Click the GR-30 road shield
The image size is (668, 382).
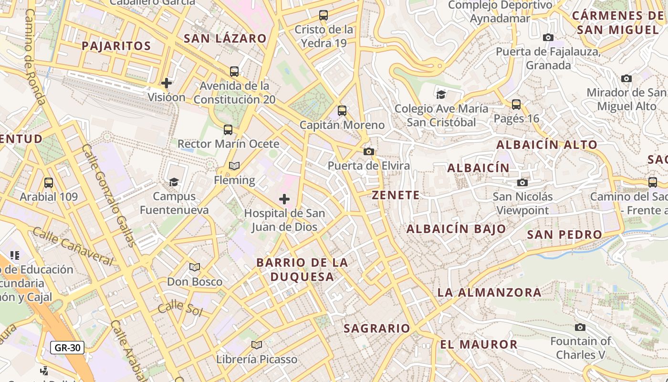[67, 348]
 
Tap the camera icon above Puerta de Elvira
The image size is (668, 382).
[368, 152]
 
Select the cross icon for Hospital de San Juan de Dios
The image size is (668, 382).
[284, 199]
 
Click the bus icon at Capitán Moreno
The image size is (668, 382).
[342, 111]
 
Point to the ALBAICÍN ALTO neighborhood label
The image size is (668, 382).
[547, 145]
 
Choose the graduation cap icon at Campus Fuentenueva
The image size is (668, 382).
[174, 182]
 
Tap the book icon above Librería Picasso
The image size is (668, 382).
[257, 345]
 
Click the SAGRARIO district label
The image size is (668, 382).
[377, 329]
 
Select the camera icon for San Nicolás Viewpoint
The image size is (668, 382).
[522, 182]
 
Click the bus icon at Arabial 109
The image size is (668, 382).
[48, 182]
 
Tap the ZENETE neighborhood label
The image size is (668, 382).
[396, 195]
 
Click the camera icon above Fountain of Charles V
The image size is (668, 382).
[580, 327]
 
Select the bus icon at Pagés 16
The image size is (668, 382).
[516, 104]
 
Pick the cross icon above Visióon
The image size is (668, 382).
[167, 83]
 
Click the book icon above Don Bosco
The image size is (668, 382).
[194, 267]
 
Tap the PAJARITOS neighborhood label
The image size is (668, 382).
[116, 46]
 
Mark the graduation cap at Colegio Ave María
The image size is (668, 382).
[441, 95]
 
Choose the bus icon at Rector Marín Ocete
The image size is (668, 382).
[228, 129]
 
